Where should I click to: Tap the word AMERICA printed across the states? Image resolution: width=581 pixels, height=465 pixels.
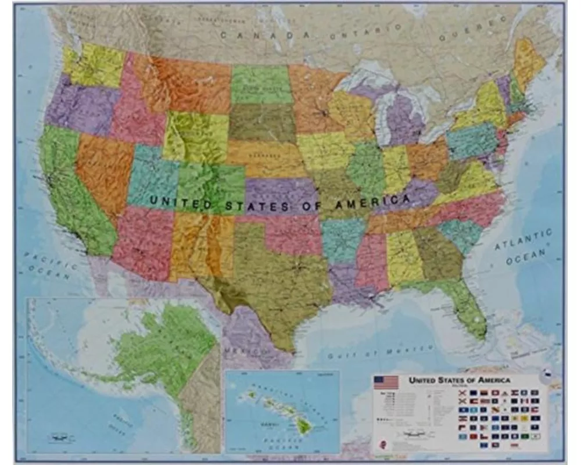click(372, 202)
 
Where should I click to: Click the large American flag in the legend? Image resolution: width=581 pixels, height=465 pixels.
click(386, 382)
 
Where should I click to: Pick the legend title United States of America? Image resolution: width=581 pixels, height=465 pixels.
click(459, 380)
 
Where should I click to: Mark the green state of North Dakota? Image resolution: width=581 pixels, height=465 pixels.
click(261, 84)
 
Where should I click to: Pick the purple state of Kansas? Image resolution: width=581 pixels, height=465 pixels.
click(279, 195)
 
